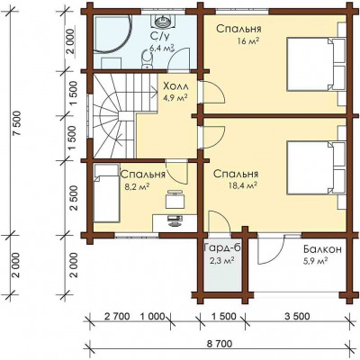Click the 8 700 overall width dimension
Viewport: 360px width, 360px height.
[x=220, y=343]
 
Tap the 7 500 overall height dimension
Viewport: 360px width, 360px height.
[x=17, y=123]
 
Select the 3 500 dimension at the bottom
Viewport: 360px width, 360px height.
[x=297, y=316]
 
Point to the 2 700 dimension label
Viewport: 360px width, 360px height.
[x=117, y=316]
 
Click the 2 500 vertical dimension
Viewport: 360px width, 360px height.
[x=74, y=198]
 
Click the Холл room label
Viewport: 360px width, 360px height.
[x=175, y=87]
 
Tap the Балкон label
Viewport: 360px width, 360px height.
[x=322, y=249]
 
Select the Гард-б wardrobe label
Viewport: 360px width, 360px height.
[x=222, y=248]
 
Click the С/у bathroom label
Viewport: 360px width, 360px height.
[x=160, y=37]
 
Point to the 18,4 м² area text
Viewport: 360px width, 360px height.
[x=242, y=186]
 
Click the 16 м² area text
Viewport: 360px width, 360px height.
[x=248, y=41]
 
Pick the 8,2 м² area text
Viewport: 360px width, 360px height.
[x=138, y=187]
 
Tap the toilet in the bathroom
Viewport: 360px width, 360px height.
[x=147, y=59]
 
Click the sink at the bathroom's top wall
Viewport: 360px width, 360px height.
[x=163, y=21]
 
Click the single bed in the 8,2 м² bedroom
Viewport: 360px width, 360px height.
[x=106, y=193]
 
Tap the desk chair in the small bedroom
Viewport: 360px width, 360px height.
[x=175, y=199]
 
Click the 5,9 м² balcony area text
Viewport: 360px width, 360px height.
[x=314, y=261]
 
